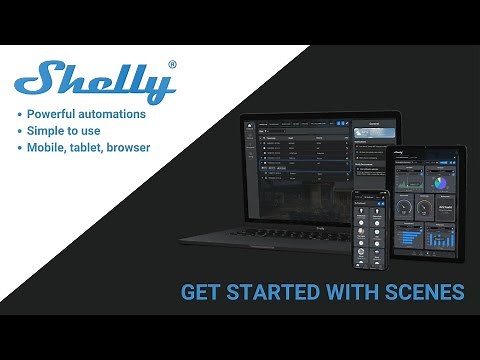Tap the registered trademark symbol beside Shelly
pos(172,65)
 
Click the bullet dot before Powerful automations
pos(22,114)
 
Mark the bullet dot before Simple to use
pos(22,132)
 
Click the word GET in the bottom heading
pos(198,293)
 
